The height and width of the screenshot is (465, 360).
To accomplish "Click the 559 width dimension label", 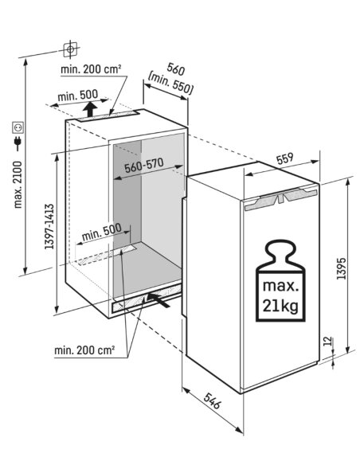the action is tap(285, 158).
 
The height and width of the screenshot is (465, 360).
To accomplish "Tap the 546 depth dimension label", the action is tap(213, 401).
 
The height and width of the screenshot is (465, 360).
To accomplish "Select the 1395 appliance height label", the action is tap(342, 268).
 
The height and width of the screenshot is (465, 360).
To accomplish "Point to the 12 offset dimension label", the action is tap(327, 341).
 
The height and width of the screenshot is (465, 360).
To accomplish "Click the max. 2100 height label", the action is tap(18, 185).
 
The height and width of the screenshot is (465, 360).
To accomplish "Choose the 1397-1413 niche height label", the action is tap(49, 226).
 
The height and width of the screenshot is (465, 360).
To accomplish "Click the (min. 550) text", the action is tap(170, 84).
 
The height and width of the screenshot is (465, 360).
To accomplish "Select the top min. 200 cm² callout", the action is tap(91, 69).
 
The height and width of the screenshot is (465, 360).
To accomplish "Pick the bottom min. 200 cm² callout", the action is tap(84, 350).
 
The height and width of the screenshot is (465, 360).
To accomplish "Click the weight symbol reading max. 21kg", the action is tap(280, 280).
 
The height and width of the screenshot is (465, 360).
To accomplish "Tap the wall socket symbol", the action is tap(18, 127).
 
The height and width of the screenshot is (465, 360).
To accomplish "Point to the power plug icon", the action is tap(18, 143).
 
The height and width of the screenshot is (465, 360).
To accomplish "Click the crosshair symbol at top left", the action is tap(70, 49).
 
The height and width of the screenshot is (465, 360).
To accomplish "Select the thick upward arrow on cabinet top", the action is tap(89, 109).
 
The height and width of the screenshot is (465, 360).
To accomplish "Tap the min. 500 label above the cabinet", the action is tap(78, 96).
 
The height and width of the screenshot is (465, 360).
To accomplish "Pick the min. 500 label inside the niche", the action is tap(101, 232).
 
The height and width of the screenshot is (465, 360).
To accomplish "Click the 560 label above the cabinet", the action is tap(175, 69).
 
